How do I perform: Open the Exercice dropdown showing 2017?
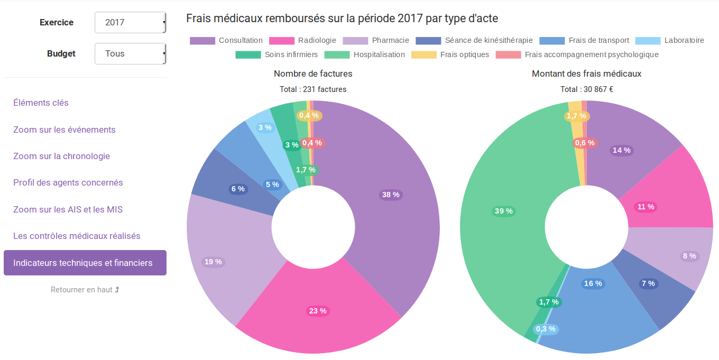click(130, 23)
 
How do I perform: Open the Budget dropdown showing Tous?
click(130, 54)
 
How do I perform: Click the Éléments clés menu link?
click(41, 103)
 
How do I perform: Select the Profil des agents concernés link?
click(68, 183)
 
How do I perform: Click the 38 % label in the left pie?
click(391, 195)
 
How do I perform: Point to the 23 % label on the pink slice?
click(318, 311)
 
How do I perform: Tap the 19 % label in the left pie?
click(213, 262)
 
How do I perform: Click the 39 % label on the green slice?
click(503, 211)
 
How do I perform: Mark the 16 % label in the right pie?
click(593, 283)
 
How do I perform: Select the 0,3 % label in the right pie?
click(546, 329)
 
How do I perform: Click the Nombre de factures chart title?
click(313, 73)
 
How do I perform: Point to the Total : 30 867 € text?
click(586, 89)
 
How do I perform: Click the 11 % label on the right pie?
click(646, 207)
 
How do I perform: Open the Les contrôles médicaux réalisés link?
click(77, 236)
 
